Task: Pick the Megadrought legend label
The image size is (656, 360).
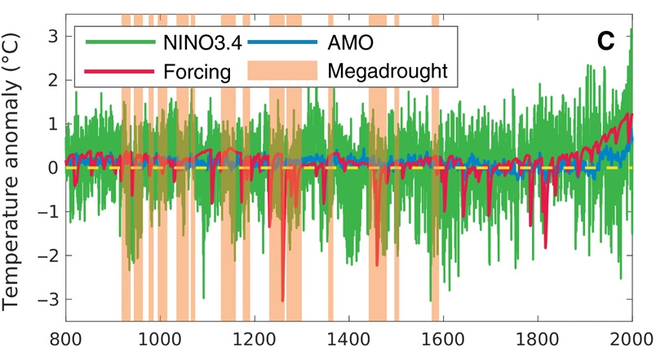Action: (388, 71)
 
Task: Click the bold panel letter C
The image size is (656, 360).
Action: (605, 41)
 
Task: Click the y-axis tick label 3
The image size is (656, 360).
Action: (51, 36)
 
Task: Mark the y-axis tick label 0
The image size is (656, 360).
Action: (51, 167)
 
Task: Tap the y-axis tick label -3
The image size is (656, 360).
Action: (46, 300)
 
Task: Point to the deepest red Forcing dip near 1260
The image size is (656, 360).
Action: (283, 299)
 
